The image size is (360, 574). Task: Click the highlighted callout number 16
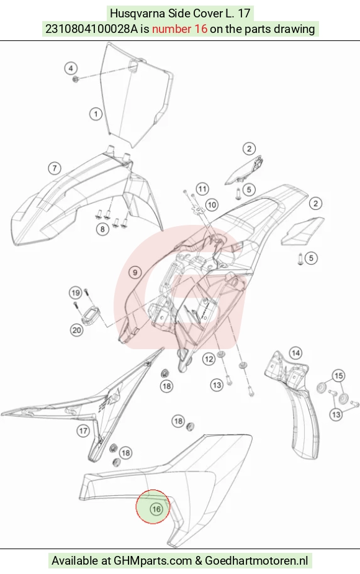coord(156,509)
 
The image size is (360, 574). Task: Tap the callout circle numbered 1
coord(96,114)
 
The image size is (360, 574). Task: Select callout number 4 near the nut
coord(71,68)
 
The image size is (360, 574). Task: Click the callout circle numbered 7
coord(55,168)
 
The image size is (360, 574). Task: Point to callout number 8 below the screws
coord(102,229)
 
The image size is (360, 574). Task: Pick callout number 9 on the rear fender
coord(135,272)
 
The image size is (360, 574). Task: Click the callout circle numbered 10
coord(212,204)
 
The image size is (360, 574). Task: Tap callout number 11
coord(202,189)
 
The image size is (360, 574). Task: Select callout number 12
coord(209,359)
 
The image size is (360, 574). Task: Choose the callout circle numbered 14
coord(295,353)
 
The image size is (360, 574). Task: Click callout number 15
coord(339,376)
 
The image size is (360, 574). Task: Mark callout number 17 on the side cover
coord(83,430)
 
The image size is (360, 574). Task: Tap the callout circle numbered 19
coord(76,293)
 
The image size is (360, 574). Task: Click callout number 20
coord(76,330)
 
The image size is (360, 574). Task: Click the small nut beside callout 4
coord(76,80)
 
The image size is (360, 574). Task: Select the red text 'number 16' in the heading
coord(179,29)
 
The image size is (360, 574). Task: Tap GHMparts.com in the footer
coord(153,560)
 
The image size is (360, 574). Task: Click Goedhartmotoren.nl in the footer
coord(256,560)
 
